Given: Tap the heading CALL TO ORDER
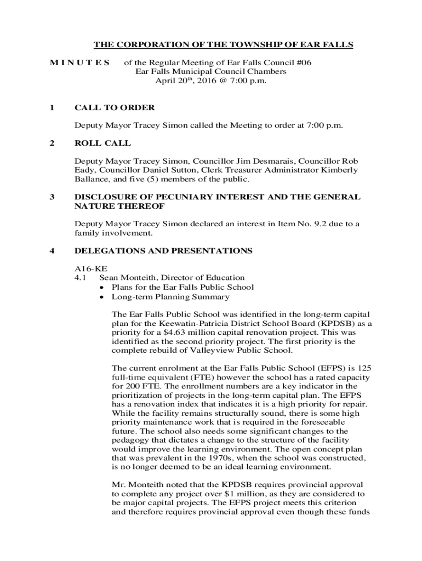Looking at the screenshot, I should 115,107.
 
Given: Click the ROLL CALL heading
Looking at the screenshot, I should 102,143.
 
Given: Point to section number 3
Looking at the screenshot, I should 52,197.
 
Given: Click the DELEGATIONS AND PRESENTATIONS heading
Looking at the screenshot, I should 163,250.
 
